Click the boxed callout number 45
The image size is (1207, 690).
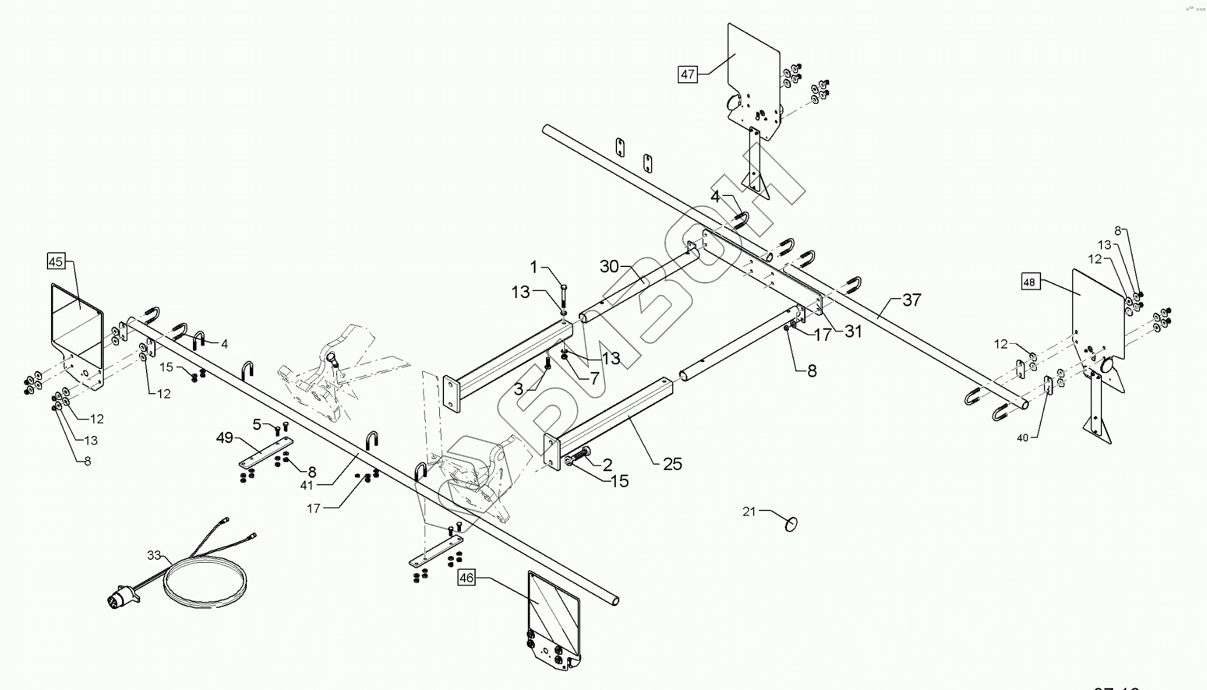[x=56, y=261]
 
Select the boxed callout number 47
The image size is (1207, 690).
[x=687, y=75]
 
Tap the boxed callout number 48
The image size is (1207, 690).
[x=1029, y=282]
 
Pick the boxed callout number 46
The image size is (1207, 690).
[x=466, y=578]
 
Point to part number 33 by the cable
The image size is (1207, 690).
[x=154, y=555]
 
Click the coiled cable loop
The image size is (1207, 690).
[x=205, y=579]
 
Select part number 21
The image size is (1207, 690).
[x=749, y=512]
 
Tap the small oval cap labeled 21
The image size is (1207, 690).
[x=791, y=523]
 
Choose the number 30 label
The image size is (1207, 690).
[x=609, y=266]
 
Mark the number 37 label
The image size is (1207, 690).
[x=911, y=300]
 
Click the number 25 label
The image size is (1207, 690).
[x=673, y=464]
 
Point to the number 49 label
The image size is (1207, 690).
[x=225, y=438]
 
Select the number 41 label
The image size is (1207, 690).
[x=307, y=485]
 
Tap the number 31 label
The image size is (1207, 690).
[x=853, y=332]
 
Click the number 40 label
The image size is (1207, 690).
[x=1022, y=438]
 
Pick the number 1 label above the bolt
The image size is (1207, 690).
[x=534, y=268]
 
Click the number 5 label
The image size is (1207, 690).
[x=257, y=423]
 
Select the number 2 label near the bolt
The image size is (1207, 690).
[x=607, y=465]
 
